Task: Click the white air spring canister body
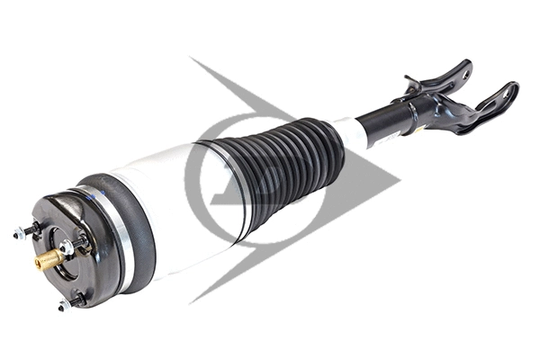(171, 207)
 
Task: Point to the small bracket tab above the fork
(413, 83)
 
